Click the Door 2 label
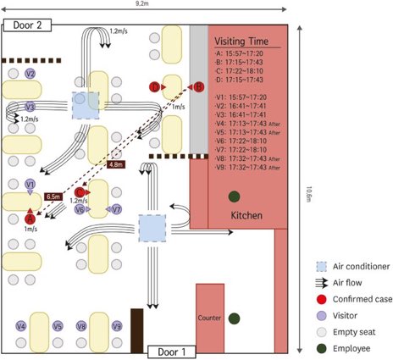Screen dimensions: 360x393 [33, 25]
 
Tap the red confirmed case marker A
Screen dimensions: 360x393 [17, 219]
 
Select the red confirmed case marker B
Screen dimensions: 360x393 [199, 86]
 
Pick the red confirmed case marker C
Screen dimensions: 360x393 [80, 193]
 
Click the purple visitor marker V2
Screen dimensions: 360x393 [30, 74]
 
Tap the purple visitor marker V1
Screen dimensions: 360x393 [30, 184]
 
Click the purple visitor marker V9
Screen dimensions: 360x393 [118, 326]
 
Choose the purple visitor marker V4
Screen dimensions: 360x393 [21, 326]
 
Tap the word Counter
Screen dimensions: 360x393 [209, 318]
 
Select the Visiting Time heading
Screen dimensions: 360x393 [243, 41]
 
